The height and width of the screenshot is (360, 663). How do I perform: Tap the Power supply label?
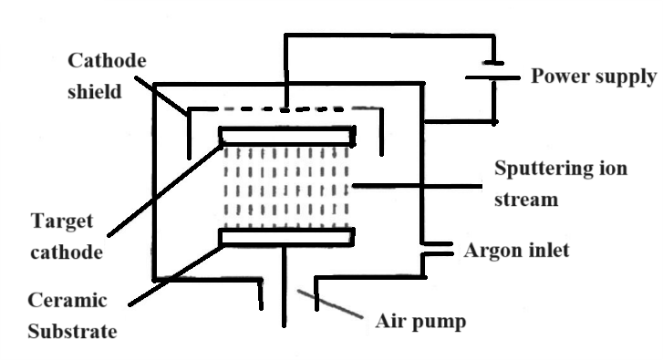pyautogui.click(x=593, y=76)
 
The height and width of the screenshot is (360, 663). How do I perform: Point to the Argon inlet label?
pyautogui.click(x=516, y=249)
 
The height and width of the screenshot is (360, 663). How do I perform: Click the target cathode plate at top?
pyautogui.click(x=286, y=136)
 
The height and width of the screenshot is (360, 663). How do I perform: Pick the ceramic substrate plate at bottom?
pyautogui.click(x=286, y=237)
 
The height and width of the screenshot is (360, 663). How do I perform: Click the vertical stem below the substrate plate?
pyautogui.click(x=286, y=283)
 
